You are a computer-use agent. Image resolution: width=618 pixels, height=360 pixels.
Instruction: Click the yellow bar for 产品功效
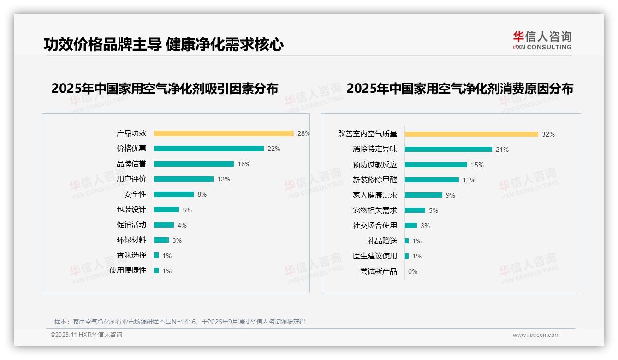[x=224, y=133]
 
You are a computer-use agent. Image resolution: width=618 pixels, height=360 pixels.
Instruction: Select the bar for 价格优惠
[x=208, y=149]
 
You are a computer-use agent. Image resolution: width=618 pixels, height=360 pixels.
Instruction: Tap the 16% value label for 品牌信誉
[x=244, y=164]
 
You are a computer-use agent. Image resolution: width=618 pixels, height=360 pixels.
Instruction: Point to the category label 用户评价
[x=131, y=179]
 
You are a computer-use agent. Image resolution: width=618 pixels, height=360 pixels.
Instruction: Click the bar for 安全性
[x=174, y=194]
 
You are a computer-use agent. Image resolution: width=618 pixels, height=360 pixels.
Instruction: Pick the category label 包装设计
[x=131, y=210]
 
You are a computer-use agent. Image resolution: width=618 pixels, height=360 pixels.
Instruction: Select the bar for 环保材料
[x=161, y=240]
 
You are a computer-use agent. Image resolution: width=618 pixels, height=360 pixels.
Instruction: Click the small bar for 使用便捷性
[x=156, y=270]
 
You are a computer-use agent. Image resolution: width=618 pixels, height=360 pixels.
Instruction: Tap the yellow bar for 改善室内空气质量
[x=471, y=134]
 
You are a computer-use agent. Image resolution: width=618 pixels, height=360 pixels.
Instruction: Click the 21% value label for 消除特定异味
[x=502, y=150]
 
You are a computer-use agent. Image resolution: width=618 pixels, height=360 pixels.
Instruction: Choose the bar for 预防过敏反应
[x=436, y=165]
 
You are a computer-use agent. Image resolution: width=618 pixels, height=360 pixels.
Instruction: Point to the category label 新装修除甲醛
[x=374, y=180]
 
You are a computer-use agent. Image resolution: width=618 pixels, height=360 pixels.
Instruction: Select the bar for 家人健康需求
[x=423, y=195]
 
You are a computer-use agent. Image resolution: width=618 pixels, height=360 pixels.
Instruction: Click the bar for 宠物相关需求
[x=415, y=210]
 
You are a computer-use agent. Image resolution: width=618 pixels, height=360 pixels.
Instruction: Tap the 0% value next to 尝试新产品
[x=412, y=271]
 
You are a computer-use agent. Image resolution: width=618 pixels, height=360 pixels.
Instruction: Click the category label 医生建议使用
[x=374, y=256]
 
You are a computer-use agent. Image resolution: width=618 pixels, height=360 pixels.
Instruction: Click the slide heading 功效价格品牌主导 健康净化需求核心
[x=164, y=44]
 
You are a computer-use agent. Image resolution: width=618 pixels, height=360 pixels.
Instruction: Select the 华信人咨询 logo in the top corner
[x=542, y=41]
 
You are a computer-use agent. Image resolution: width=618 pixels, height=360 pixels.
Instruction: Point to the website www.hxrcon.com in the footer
[x=536, y=335]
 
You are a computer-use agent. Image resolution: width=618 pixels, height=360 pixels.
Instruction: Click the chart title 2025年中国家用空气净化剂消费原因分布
[x=460, y=89]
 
